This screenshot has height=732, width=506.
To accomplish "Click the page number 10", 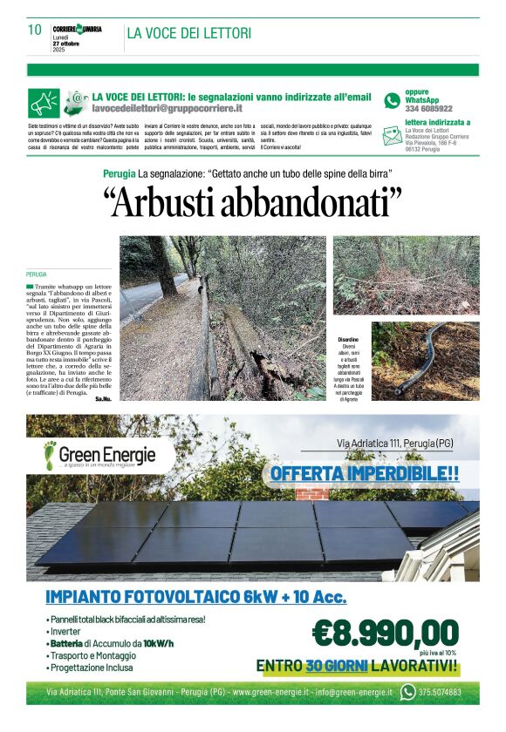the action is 35,30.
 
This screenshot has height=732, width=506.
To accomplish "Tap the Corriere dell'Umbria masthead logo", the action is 77,29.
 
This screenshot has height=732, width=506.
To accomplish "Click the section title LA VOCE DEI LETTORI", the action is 189,33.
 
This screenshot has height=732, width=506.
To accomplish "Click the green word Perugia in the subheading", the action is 119,174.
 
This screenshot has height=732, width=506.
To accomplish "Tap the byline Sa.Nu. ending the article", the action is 103,398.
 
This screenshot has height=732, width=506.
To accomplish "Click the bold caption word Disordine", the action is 348,339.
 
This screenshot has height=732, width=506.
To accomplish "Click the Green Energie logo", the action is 100,455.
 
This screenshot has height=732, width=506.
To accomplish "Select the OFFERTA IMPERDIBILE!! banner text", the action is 365,474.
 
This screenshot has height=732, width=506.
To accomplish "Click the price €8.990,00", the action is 385,631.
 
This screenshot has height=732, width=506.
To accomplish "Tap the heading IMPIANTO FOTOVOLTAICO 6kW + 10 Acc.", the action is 196,598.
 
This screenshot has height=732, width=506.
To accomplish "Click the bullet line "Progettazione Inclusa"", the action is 91,668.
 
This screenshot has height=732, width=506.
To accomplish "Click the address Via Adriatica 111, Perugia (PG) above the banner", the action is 394,444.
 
